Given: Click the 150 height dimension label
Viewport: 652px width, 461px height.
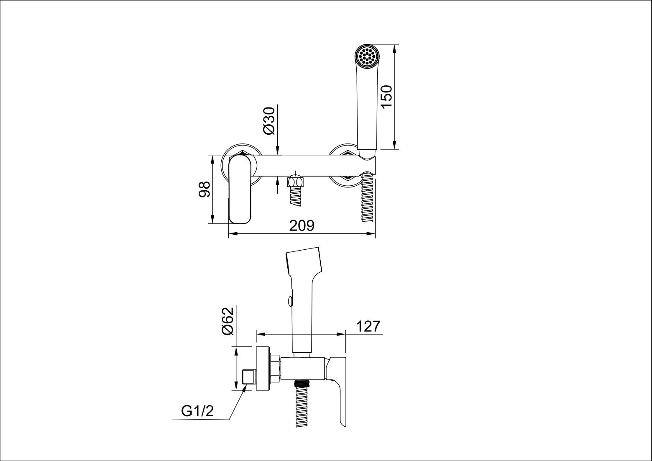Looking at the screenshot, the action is (x=387, y=97).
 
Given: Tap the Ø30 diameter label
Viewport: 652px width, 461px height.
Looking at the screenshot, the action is (x=269, y=121).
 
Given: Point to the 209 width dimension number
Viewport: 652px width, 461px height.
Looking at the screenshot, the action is (x=302, y=226).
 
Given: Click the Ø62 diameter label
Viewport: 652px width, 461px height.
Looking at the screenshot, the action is (x=228, y=321).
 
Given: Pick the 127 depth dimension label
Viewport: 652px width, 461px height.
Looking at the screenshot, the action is (x=368, y=326).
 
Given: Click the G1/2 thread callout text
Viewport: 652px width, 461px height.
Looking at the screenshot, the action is (x=197, y=411).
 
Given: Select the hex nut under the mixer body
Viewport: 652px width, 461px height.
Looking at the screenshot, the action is (x=295, y=182).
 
